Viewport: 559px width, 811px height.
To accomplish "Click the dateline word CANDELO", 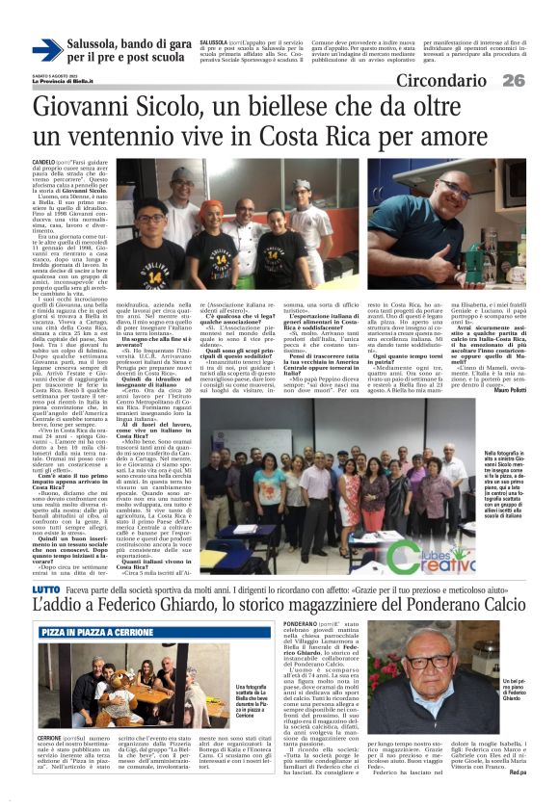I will pos(44,163).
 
